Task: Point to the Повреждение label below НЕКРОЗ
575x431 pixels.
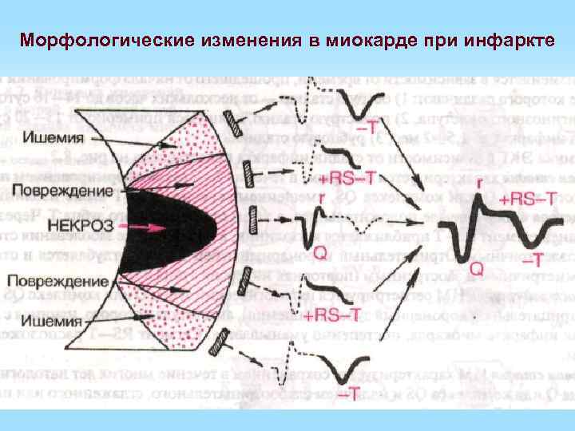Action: click(x=61, y=282)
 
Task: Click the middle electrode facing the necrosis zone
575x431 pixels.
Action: click(x=252, y=216)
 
